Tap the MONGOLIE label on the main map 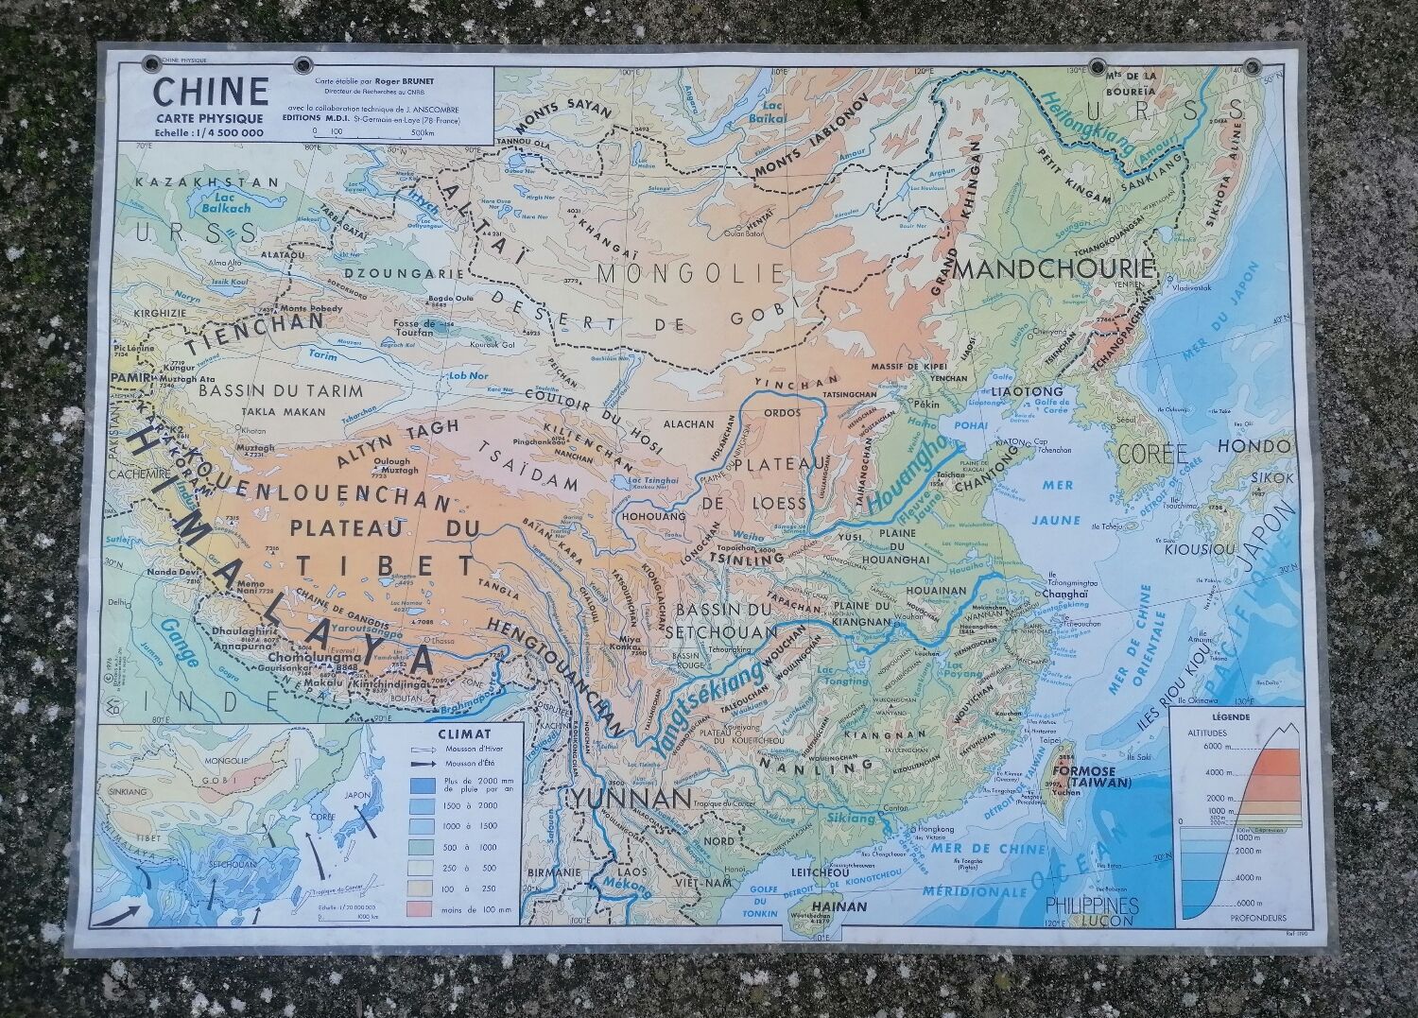pos(691,274)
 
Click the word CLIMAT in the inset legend pos(462,732)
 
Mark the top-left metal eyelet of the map pos(151,64)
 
